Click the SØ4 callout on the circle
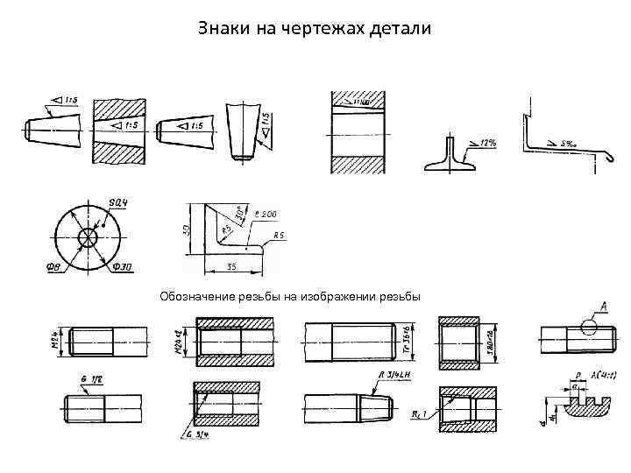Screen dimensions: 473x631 pos(118,203)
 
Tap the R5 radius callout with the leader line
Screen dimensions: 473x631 pos(280,236)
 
